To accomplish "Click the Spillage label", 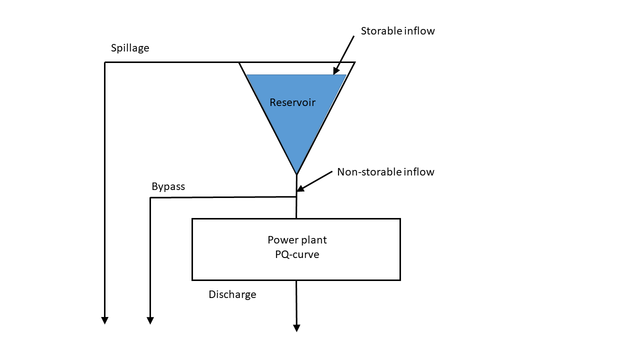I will click(130, 48).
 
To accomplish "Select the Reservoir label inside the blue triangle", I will click(292, 102).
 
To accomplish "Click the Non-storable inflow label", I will click(385, 172).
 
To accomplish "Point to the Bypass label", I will click(168, 186).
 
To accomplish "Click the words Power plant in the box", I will click(297, 240).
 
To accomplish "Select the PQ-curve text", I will click(297, 254).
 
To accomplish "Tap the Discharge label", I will click(232, 294).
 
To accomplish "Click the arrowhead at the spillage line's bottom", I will click(105, 320).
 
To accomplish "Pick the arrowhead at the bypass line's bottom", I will click(150, 320).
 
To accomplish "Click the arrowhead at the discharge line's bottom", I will click(296, 328).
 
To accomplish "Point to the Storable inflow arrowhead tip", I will click(334, 74).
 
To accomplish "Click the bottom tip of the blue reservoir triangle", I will click(296, 173).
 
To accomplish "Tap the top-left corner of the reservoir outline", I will click(239, 62).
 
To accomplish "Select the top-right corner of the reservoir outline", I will click(355, 62).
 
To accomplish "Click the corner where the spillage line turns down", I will click(105, 62).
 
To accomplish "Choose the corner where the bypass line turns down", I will click(150, 197).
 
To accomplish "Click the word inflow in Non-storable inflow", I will click(418, 172).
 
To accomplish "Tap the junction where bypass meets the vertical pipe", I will click(296, 197).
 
